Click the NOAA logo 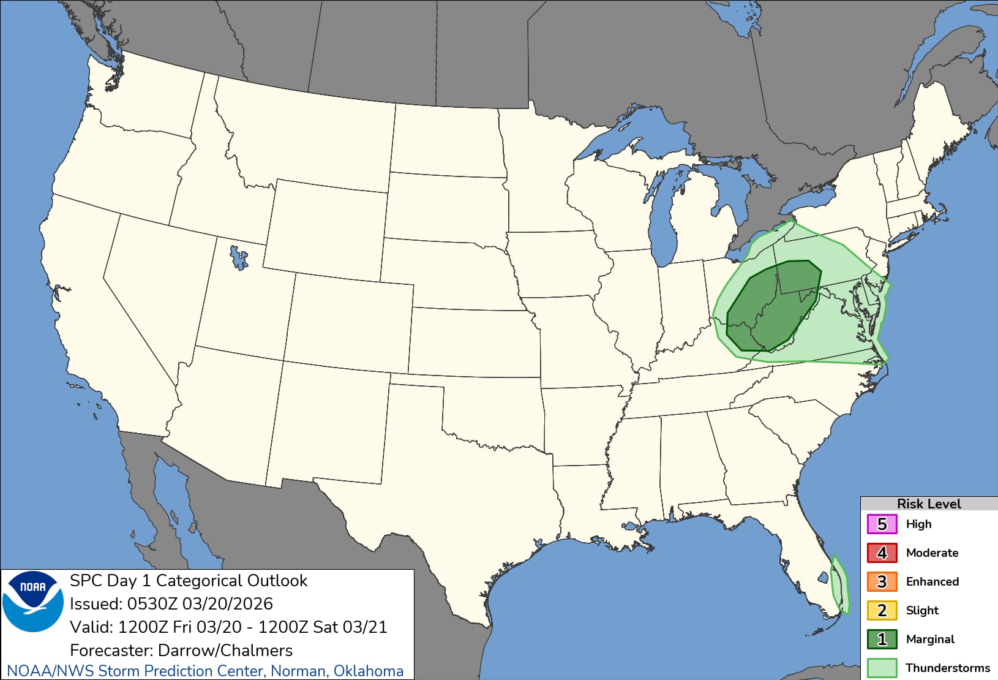click(33, 601)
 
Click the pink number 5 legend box click(882, 524)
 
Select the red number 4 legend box click(882, 553)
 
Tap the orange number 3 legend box click(882, 582)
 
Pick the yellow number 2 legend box click(882, 611)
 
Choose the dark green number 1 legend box click(882, 640)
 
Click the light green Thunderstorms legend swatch click(882, 668)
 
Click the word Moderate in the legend click(932, 553)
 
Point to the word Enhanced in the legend click(932, 582)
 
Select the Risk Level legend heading click(928, 504)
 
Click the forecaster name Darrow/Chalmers click(225, 651)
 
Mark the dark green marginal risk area click(773, 306)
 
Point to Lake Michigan click(664, 214)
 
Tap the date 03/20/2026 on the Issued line click(227, 604)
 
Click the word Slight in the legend click(922, 611)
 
